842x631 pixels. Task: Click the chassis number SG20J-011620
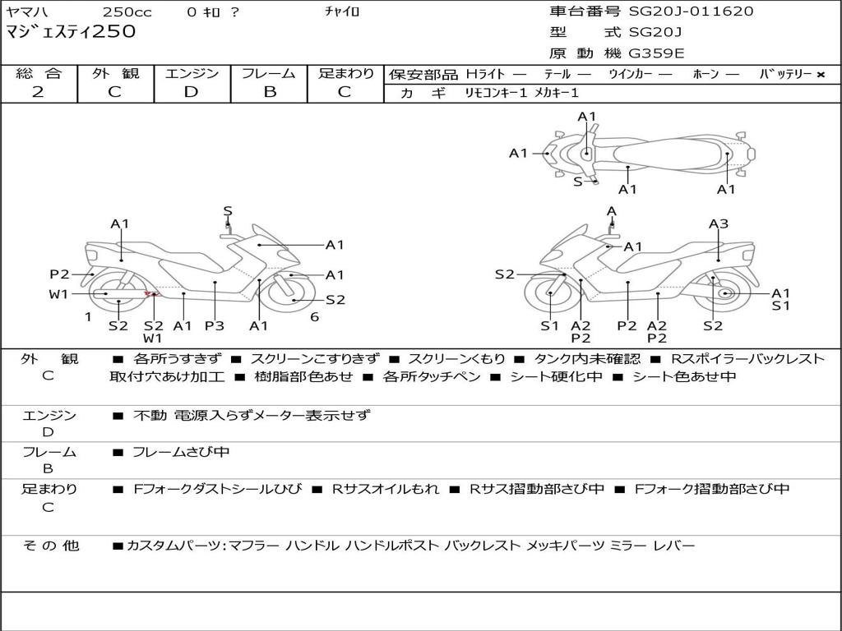pyautogui.click(x=691, y=12)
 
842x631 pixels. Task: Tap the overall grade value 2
pyautogui.click(x=38, y=92)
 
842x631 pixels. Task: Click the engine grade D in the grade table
pyautogui.click(x=191, y=92)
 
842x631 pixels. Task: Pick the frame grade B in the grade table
pyautogui.click(x=270, y=92)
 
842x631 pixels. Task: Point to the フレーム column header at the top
pyautogui.click(x=269, y=73)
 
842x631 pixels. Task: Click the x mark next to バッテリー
pyautogui.click(x=821, y=75)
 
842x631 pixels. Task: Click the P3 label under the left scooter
pyautogui.click(x=215, y=325)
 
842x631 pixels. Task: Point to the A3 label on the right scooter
pyautogui.click(x=719, y=223)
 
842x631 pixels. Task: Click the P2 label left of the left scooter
pyautogui.click(x=59, y=274)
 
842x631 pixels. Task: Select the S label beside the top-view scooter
pyautogui.click(x=577, y=182)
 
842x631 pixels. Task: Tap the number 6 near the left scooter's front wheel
pyautogui.click(x=315, y=317)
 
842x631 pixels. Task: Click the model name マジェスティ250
pyautogui.click(x=71, y=32)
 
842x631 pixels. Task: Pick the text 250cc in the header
pyautogui.click(x=127, y=12)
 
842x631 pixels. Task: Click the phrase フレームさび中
pyautogui.click(x=181, y=453)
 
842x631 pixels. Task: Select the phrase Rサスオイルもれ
pyautogui.click(x=386, y=489)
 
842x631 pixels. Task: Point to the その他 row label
pyautogui.click(x=51, y=546)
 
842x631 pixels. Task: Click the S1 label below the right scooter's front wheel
pyautogui.click(x=549, y=325)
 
